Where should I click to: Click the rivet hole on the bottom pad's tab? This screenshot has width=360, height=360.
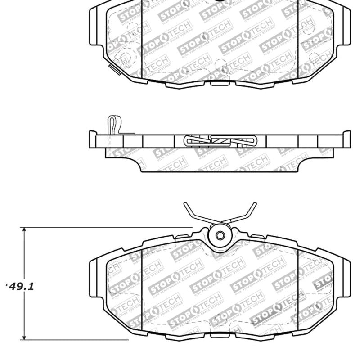point(220,235)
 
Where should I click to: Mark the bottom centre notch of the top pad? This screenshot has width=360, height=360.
point(220,83)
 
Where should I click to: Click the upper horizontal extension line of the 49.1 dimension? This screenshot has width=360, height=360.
point(108,228)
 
